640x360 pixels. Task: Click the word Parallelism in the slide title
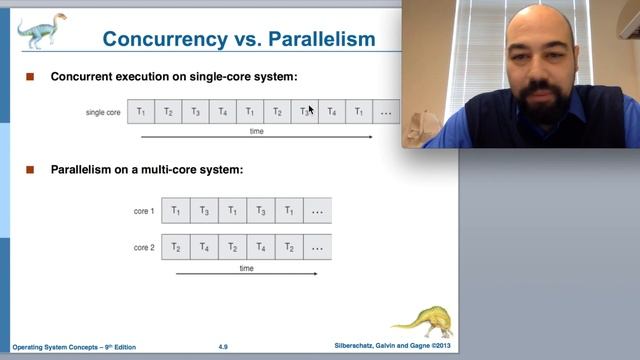point(319,40)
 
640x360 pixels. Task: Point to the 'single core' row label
point(103,112)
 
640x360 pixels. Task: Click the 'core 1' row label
point(144,211)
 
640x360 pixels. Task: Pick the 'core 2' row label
point(144,247)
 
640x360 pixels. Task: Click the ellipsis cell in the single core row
point(385,112)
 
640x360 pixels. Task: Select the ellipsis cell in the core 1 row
point(317,211)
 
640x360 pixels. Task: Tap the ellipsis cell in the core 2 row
point(317,247)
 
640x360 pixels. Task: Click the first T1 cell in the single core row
point(141,112)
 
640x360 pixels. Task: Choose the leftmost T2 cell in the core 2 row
point(176,247)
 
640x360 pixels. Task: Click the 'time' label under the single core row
point(257,131)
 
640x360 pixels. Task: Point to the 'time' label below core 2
point(246,268)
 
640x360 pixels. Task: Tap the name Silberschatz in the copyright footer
point(357,347)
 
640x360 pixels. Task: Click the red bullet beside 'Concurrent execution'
point(30,77)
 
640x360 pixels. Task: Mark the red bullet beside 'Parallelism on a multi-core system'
point(30,170)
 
